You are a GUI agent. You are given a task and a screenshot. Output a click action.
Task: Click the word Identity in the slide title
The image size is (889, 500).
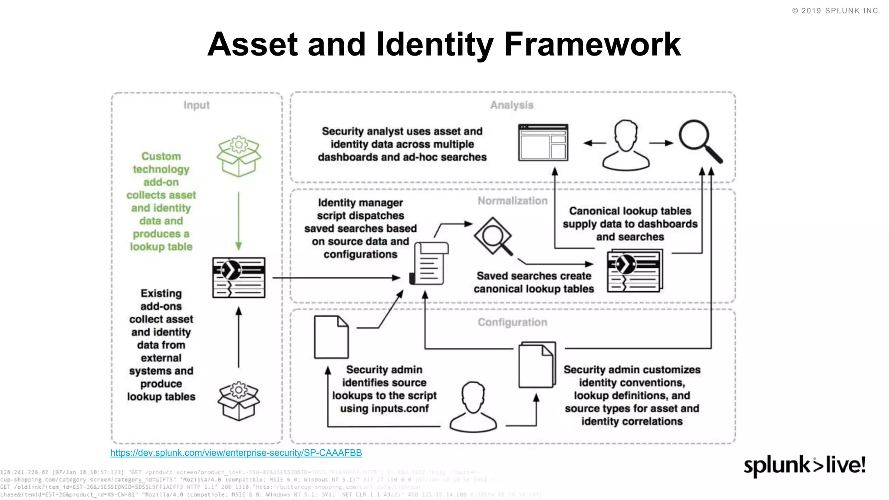click(x=435, y=45)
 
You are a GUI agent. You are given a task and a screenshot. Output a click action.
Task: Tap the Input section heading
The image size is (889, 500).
click(x=196, y=105)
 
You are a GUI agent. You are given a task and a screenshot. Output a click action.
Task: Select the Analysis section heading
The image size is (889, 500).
click(x=512, y=105)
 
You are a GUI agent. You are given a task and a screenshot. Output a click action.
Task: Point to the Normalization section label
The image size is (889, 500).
click(x=513, y=201)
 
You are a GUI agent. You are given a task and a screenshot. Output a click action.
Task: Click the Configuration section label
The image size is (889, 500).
click(x=512, y=322)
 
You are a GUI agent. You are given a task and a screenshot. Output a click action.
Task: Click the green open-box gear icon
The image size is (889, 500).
click(x=239, y=156)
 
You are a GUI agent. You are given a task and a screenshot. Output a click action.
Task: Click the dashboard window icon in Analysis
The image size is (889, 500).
click(x=543, y=143)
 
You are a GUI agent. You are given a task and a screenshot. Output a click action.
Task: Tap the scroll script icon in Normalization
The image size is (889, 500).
click(x=429, y=263)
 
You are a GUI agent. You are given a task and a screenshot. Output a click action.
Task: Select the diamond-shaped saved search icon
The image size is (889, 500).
click(x=493, y=236)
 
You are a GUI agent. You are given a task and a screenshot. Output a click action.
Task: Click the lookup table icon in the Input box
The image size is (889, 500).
click(x=239, y=277)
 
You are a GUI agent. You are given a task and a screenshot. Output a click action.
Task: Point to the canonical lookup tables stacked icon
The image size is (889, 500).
click(x=635, y=270)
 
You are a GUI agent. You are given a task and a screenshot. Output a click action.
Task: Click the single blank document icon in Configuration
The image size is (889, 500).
click(x=331, y=337)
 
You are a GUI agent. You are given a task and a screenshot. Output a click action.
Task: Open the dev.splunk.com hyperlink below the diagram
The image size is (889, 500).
click(x=236, y=453)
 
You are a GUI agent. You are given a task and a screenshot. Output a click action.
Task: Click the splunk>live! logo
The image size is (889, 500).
click(x=804, y=465)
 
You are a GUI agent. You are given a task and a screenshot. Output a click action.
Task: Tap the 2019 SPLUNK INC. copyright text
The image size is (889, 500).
click(x=836, y=11)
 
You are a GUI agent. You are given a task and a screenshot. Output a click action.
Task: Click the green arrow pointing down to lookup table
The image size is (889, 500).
click(x=238, y=221)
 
